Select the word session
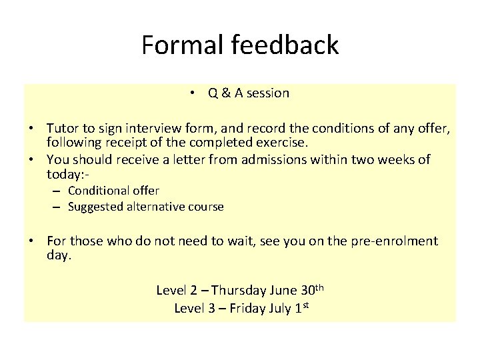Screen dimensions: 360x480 (267, 93)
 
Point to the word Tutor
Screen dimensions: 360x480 (63, 127)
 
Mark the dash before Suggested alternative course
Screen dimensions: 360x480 (58, 207)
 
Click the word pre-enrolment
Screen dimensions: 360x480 (399, 241)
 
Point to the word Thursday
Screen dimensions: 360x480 (240, 290)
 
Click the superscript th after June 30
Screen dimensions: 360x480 (319, 287)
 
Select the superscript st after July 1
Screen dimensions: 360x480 (307, 305)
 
